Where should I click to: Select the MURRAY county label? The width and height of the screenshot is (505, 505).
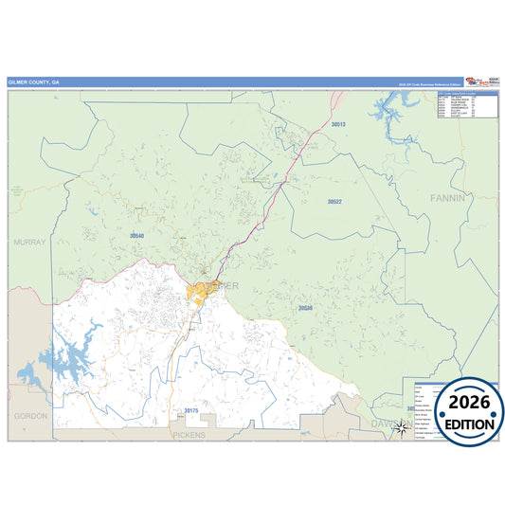point(29,243)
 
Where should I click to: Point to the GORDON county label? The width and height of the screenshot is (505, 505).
point(29,416)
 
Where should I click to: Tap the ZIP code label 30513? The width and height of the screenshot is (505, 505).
point(338,124)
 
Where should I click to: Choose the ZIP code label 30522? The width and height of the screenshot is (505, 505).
point(334,202)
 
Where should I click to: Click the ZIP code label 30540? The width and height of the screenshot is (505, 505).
point(137,235)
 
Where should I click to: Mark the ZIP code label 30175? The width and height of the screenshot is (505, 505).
point(191,410)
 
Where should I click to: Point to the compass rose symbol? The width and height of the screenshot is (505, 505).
point(401,427)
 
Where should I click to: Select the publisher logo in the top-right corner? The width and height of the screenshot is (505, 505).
point(481,83)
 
